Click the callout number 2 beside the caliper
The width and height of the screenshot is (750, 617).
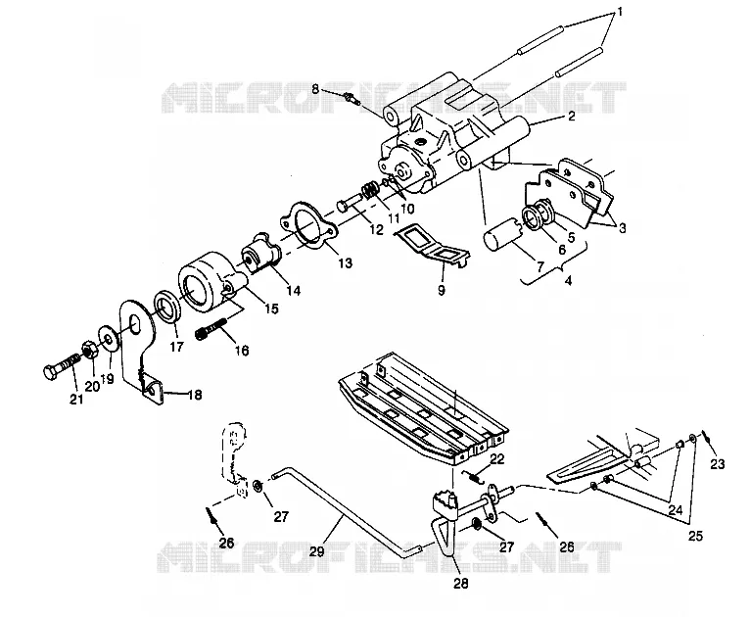click(572, 116)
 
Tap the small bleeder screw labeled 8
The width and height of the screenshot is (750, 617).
click(352, 99)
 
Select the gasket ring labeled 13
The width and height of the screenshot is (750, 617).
click(308, 227)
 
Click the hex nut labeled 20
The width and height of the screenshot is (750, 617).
click(90, 350)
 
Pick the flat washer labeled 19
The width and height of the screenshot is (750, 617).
click(108, 340)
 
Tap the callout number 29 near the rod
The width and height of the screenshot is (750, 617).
click(316, 551)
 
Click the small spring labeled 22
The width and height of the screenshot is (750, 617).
click(475, 476)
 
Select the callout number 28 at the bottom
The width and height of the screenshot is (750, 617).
click(460, 583)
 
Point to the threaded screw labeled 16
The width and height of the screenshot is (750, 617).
click(211, 329)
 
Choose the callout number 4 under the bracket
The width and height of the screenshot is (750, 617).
click(568, 280)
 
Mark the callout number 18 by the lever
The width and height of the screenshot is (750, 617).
click(195, 395)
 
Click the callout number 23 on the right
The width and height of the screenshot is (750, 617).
click(718, 463)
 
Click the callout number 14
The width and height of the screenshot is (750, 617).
click(293, 290)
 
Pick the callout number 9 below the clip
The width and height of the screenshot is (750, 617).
click(441, 290)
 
